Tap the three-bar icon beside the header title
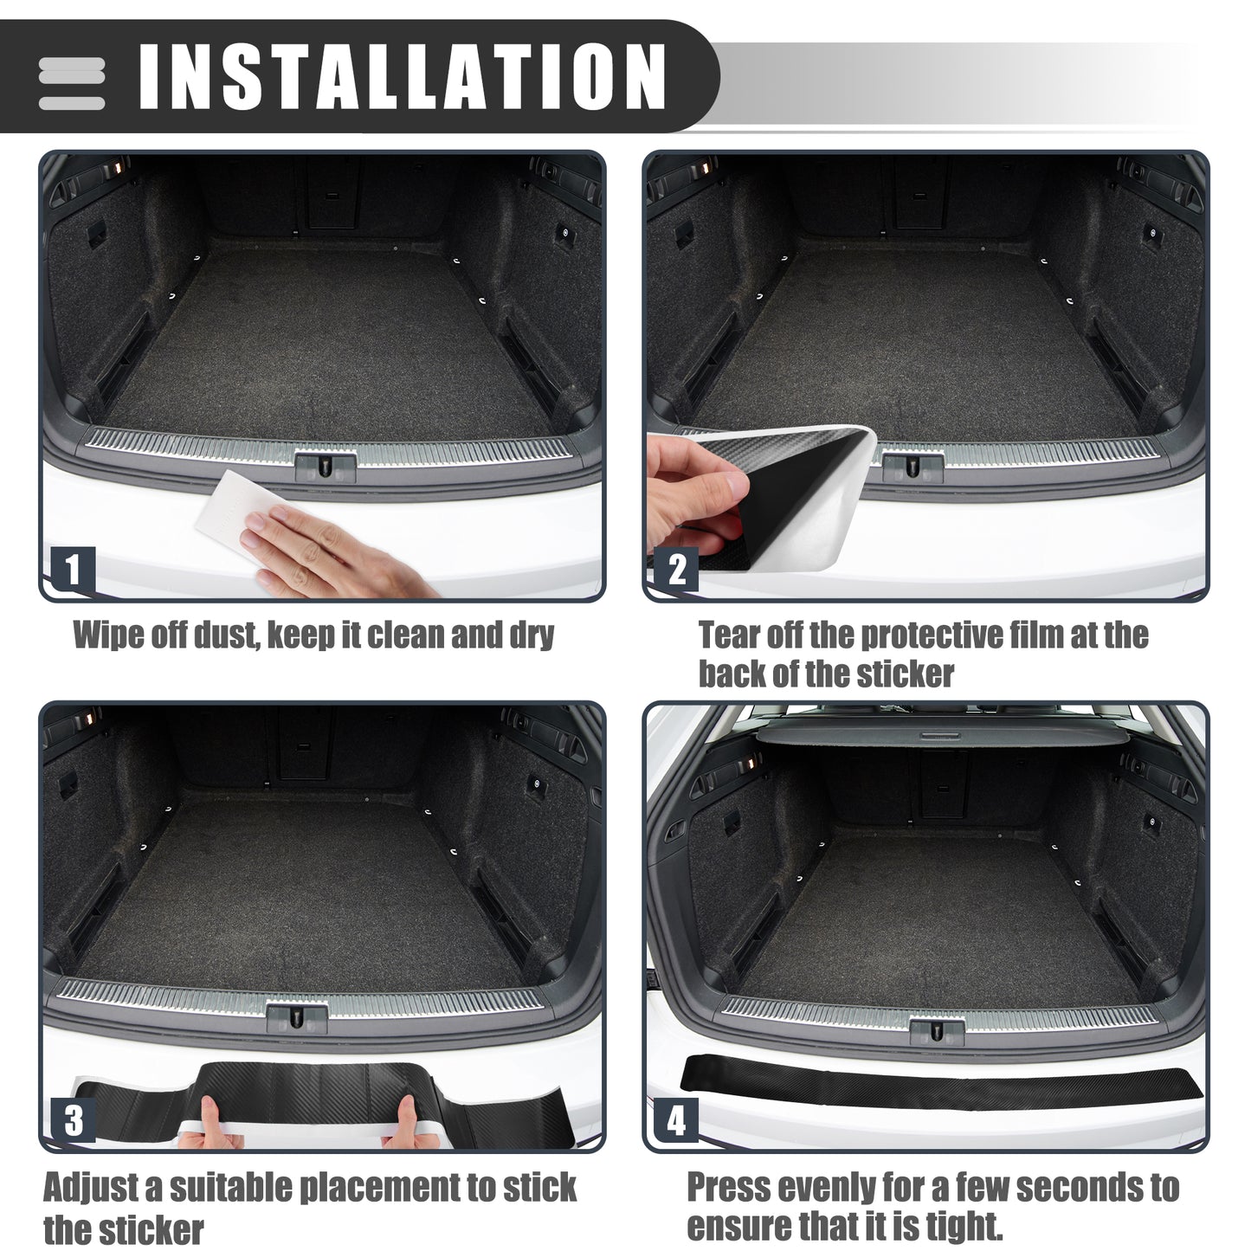point(71,84)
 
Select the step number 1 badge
point(73,570)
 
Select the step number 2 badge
point(676,570)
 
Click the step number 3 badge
point(73,1120)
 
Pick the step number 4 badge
point(676,1120)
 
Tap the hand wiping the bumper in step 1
point(331,554)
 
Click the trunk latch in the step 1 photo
point(326,466)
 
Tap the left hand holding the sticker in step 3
point(211,1124)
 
